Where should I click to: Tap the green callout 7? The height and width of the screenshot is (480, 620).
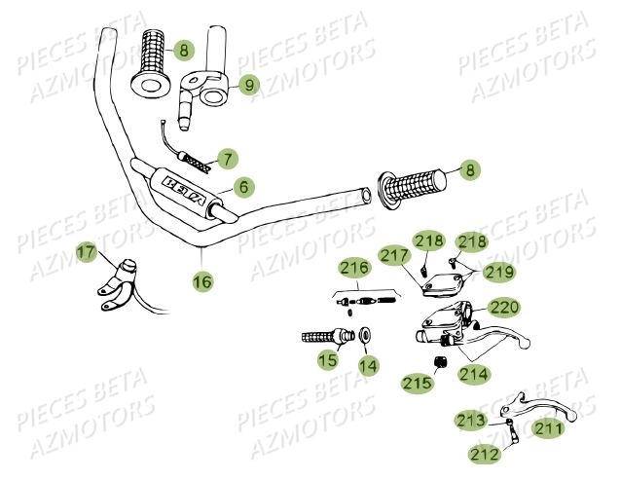click(x=226, y=157)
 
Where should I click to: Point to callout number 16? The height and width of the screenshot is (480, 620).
click(x=201, y=281)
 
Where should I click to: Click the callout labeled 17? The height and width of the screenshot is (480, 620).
click(x=87, y=254)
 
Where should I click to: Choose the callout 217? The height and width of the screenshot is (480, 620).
click(x=393, y=257)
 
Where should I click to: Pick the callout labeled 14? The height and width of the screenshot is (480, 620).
click(x=368, y=365)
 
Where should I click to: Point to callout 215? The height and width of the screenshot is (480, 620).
click(x=417, y=385)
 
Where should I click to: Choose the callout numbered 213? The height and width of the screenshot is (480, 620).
click(x=471, y=421)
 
